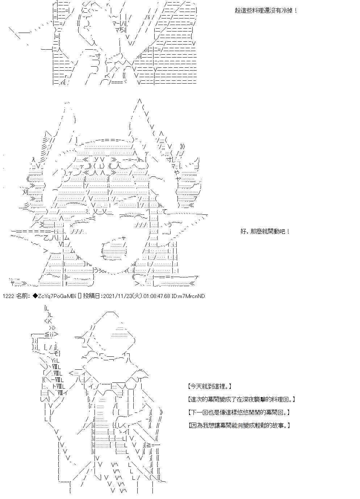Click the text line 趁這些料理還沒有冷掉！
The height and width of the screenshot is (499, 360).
pyautogui.click(x=266, y=11)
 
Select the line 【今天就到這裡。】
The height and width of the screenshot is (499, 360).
pyautogui.click(x=209, y=386)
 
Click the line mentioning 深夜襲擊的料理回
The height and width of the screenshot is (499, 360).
pyautogui.click(x=242, y=399)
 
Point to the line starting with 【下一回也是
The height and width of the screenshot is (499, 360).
pyautogui.click(x=239, y=412)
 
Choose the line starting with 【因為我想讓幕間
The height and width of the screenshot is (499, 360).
pyautogui.click(x=239, y=425)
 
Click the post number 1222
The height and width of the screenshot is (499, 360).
pyautogui.click(x=9, y=296)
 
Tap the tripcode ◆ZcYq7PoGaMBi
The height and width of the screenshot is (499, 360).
pyautogui.click(x=54, y=296)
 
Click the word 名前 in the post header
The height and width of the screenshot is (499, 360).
pyautogui.click(x=22, y=296)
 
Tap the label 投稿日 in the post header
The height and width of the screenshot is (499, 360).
pyautogui.click(x=92, y=296)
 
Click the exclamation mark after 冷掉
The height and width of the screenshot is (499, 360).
pyautogui.click(x=296, y=11)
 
